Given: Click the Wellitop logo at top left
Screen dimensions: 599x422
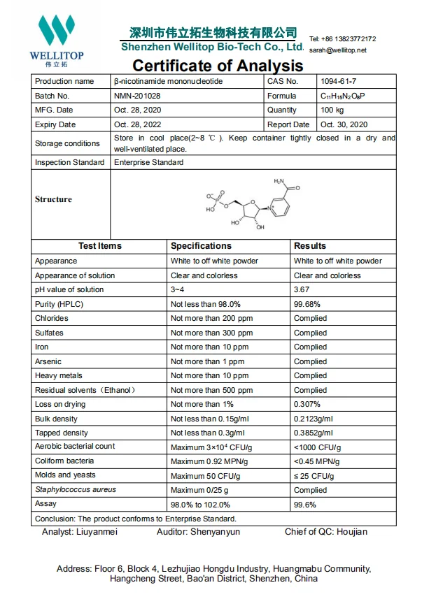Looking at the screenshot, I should click(55, 38).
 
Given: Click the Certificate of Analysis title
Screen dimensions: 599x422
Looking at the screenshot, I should click(218, 66).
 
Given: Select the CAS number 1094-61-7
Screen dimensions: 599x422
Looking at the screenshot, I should click(338, 81).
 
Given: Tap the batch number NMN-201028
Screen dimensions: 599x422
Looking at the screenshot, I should click(136, 96).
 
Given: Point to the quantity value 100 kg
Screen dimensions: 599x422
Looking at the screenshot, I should click(334, 110).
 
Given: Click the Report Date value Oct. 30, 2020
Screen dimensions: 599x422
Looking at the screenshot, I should click(344, 125).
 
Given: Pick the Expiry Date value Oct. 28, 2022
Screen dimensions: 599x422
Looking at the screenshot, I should click(139, 125).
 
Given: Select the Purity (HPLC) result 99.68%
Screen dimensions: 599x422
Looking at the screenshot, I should click(308, 304).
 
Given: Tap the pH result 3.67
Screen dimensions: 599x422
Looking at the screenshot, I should click(302, 289).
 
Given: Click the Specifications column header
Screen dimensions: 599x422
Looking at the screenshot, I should click(201, 246).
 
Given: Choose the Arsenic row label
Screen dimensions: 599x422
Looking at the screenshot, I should click(48, 361).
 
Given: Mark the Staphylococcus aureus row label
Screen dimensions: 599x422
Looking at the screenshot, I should click(76, 490).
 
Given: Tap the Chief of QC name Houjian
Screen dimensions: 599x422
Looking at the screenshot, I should click(348, 532).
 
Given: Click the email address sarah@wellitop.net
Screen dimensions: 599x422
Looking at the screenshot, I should click(337, 50).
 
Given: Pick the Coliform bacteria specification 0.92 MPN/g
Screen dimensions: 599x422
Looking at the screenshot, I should click(205, 461).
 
